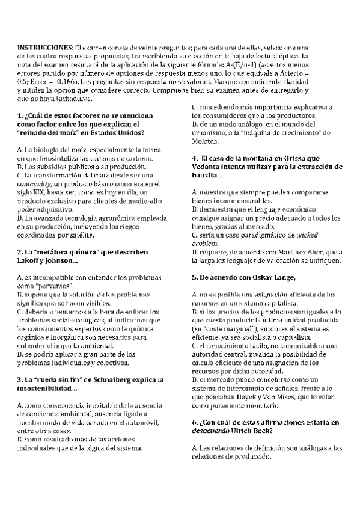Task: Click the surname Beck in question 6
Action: [260, 431]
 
